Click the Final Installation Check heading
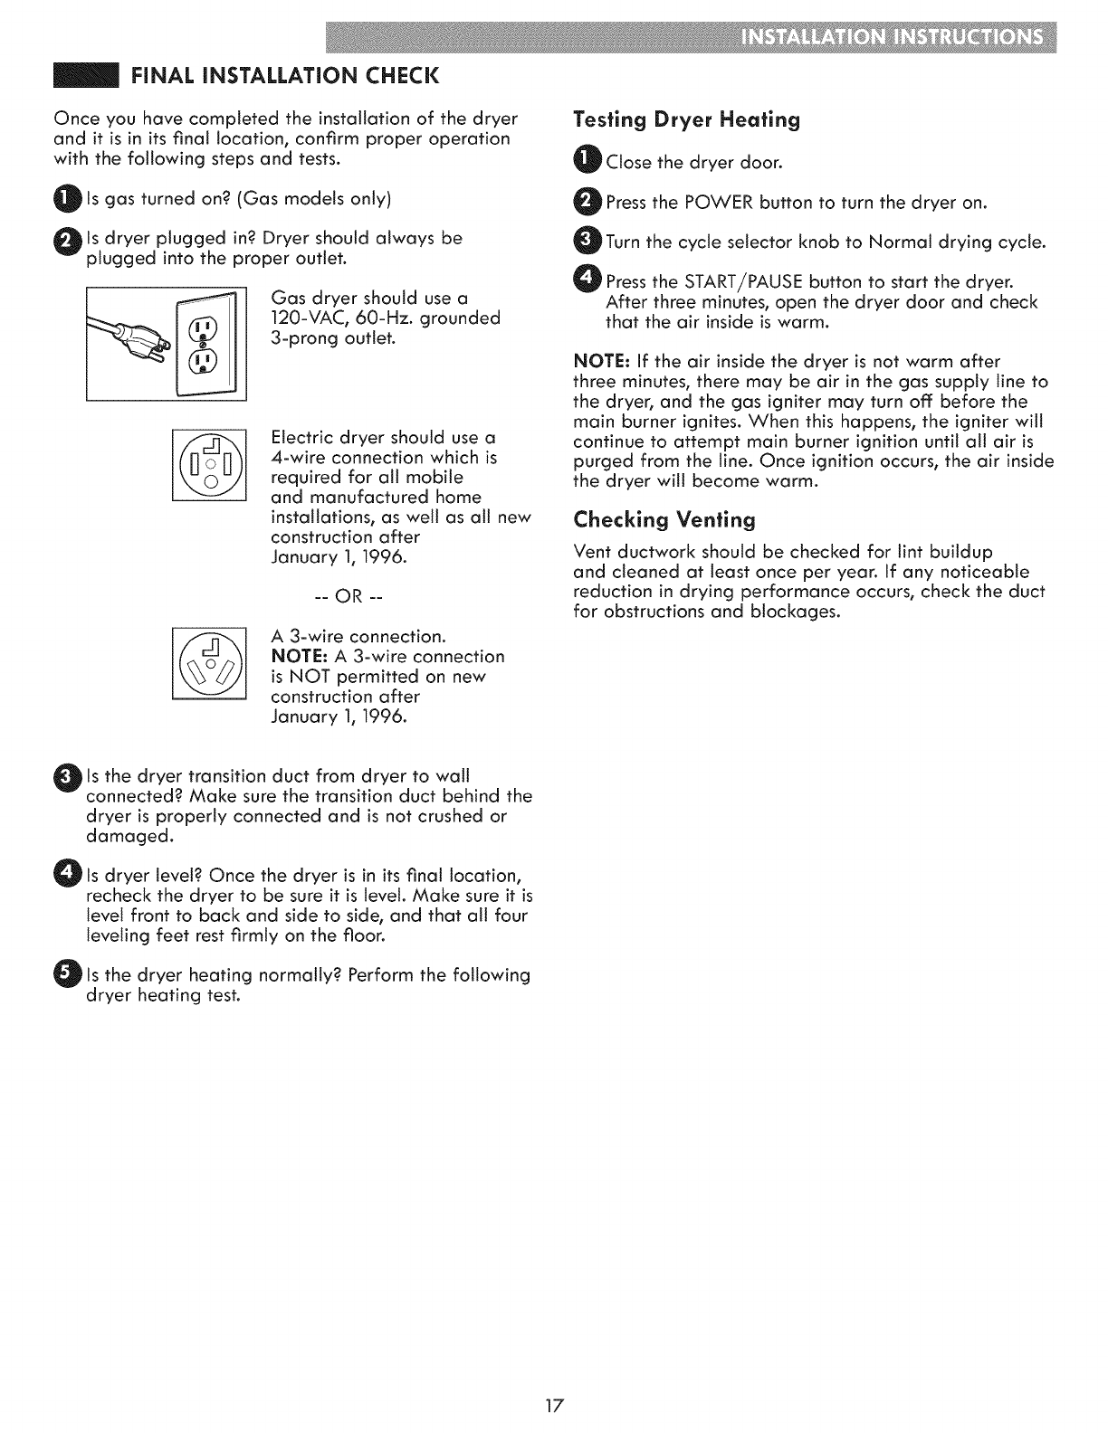283,73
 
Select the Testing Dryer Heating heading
687,120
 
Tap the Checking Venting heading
664,520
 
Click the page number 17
555,1406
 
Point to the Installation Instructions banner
891,40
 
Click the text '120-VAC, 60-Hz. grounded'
386,318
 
